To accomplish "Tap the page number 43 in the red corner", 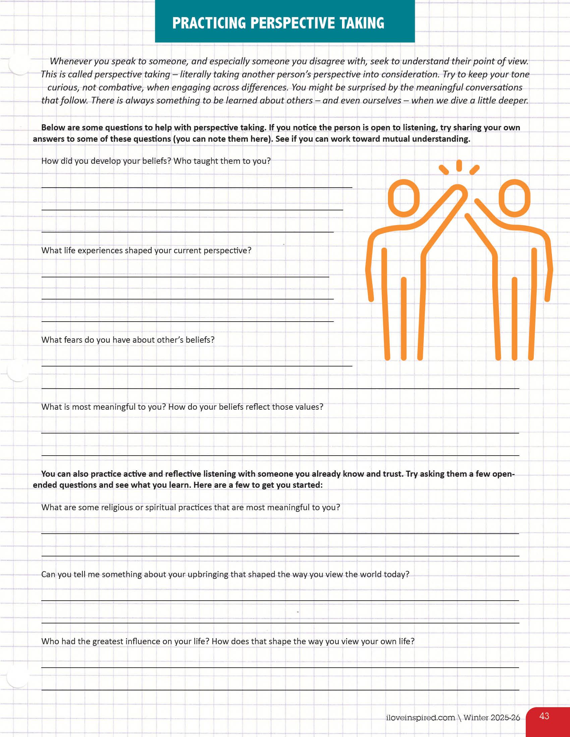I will pyautogui.click(x=544, y=716).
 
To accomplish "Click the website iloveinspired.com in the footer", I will pyautogui.click(x=420, y=718).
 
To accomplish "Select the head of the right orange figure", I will pyautogui.click(x=514, y=198).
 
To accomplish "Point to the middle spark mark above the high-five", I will pyautogui.click(x=459, y=166).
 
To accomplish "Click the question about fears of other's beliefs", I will pyautogui.click(x=128, y=340).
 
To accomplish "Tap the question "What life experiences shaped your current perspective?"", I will pyautogui.click(x=146, y=250).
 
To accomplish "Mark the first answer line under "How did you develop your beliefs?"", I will pyautogui.click(x=196, y=187).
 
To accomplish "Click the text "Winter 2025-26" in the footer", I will pyautogui.click(x=491, y=718).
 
